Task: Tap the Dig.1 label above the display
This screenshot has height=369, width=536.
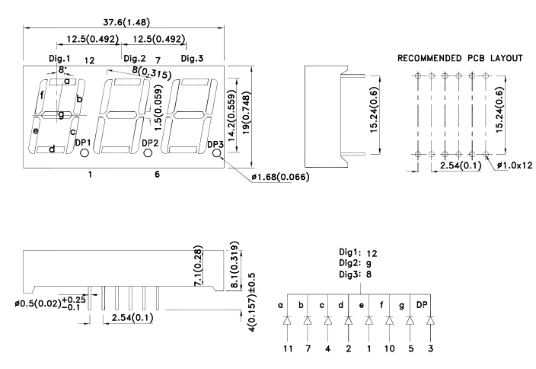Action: [x=59, y=59]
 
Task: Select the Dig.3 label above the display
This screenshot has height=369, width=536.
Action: [x=192, y=59]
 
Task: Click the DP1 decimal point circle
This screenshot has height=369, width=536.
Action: [x=84, y=154]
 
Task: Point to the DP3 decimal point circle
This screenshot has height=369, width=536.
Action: [x=217, y=154]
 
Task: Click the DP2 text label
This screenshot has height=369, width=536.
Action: [x=150, y=143]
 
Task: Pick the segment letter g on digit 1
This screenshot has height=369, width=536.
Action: [x=61, y=115]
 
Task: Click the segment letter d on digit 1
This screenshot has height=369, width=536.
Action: [x=52, y=149]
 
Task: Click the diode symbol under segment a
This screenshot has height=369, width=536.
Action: [x=287, y=321]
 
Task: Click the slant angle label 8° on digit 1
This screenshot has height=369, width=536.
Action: [x=61, y=70]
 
